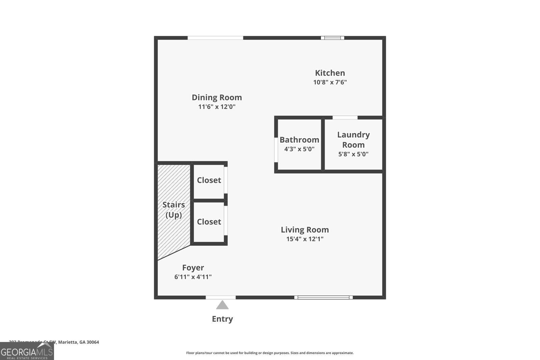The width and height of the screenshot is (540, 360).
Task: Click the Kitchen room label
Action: click(330, 73)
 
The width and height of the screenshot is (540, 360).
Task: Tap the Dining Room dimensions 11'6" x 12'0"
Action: click(217, 107)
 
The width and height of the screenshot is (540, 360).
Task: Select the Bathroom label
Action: click(299, 140)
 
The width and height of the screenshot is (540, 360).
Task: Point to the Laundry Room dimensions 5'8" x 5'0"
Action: click(353, 154)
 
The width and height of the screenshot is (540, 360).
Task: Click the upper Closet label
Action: click(209, 180)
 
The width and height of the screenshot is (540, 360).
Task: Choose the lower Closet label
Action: click(209, 222)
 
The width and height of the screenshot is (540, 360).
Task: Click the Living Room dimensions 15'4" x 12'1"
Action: click(305, 239)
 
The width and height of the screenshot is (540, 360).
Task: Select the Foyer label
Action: click(193, 268)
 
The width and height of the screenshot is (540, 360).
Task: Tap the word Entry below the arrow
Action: click(222, 319)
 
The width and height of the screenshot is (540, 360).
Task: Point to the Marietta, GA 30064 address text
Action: click(78, 342)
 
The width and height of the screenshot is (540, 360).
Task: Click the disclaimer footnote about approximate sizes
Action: click(270, 353)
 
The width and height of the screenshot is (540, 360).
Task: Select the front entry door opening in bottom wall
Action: click(221, 297)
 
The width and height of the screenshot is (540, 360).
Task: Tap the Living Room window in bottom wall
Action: click(323, 297)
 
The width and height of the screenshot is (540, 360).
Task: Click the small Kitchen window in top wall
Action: click(332, 38)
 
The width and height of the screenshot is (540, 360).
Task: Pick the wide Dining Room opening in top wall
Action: click(215, 38)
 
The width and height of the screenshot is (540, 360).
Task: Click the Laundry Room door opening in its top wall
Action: click(345, 117)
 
